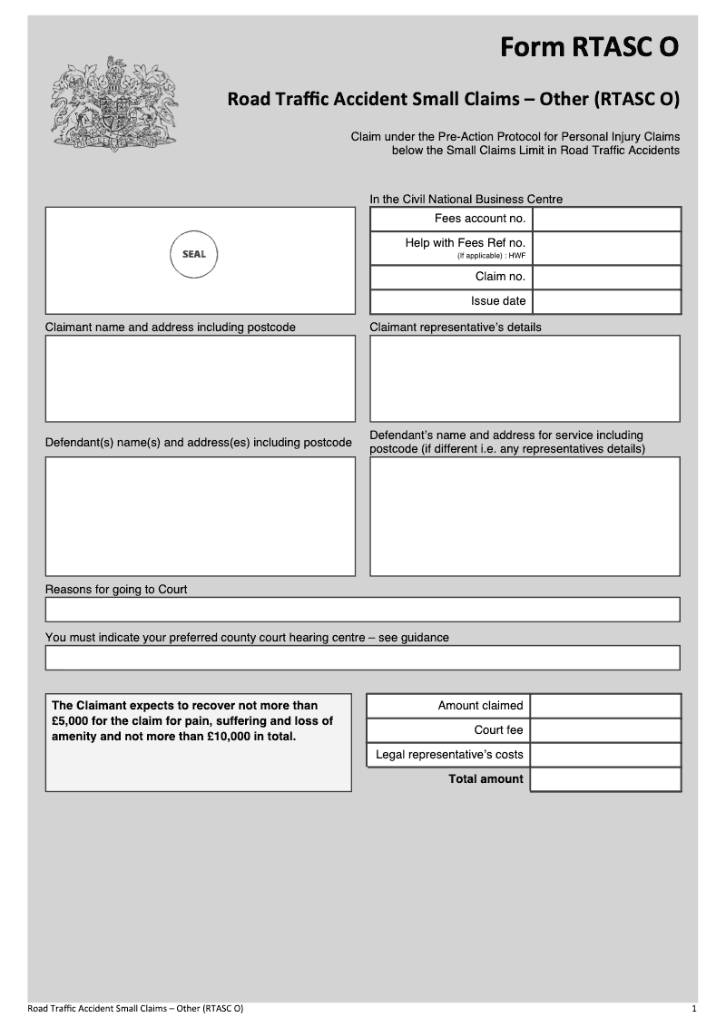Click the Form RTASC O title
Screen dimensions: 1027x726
coord(589,47)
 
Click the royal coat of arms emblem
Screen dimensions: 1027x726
coord(113,103)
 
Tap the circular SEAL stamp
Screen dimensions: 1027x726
coord(194,254)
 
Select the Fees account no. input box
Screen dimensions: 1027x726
coord(606,219)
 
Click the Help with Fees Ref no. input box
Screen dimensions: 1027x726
coord(606,248)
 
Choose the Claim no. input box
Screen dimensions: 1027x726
coord(606,277)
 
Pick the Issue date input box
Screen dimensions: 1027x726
coord(606,301)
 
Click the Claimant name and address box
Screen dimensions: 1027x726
coord(201,378)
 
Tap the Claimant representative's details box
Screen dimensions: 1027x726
coord(525,378)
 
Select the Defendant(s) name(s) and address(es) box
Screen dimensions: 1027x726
coord(201,516)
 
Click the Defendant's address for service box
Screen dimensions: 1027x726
coord(525,516)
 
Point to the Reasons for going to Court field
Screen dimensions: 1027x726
coord(362,610)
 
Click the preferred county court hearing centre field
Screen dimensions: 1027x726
coord(362,658)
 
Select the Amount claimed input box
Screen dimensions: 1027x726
coord(605,706)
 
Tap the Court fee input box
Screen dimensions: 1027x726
coord(605,730)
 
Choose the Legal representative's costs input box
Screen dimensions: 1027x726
coord(605,755)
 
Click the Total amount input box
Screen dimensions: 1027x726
coord(605,779)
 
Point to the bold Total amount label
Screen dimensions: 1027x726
coord(486,779)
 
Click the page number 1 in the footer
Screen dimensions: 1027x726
coord(694,1009)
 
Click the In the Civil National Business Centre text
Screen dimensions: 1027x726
coord(466,200)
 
